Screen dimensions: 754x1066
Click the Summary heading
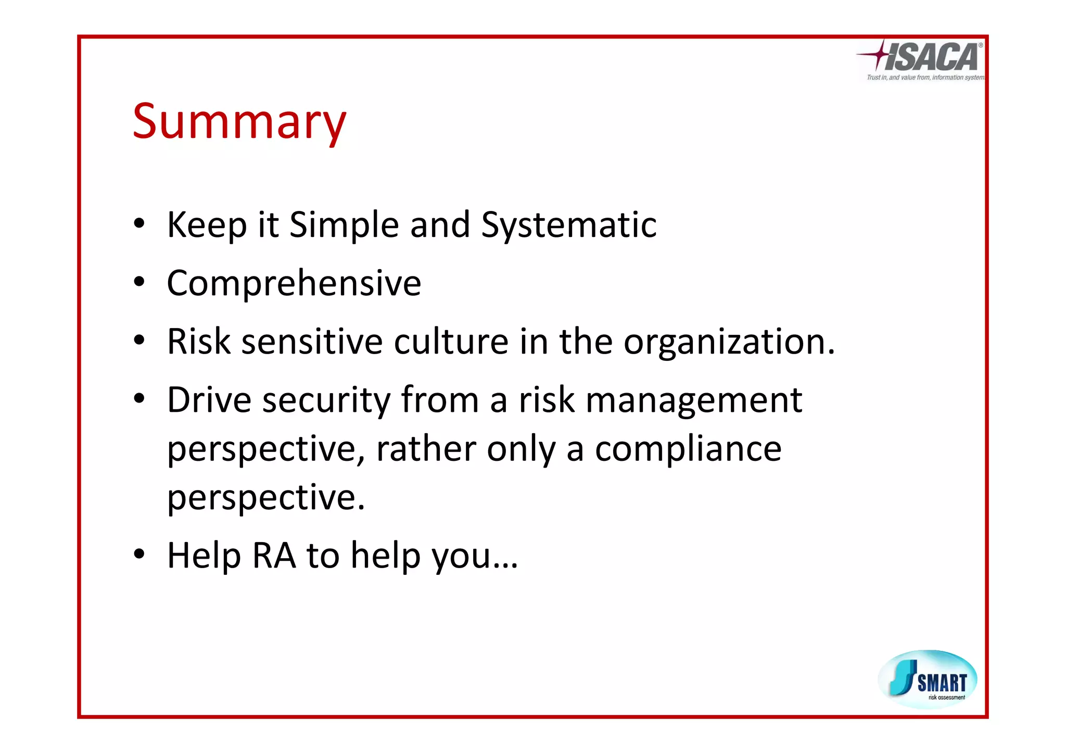click(239, 122)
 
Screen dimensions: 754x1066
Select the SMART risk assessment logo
click(928, 679)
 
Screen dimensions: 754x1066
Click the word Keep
click(207, 225)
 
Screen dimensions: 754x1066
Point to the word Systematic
click(568, 225)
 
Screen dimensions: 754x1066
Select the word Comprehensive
click(294, 284)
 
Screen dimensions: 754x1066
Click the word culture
click(451, 342)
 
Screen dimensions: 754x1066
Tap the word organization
click(729, 343)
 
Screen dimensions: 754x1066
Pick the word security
click(326, 401)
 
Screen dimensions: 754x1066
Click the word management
click(694, 401)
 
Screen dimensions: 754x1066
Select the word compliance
click(688, 449)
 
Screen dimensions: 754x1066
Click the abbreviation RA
click(274, 556)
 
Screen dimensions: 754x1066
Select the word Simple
click(344, 225)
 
